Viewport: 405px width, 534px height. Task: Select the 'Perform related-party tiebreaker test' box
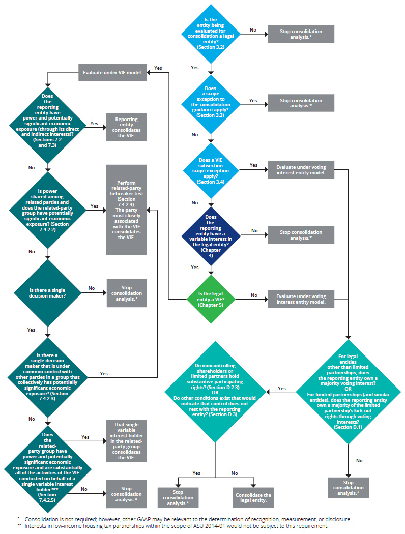click(x=126, y=210)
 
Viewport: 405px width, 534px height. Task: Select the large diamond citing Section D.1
click(x=349, y=392)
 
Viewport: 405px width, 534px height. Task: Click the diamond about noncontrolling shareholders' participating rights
click(x=216, y=392)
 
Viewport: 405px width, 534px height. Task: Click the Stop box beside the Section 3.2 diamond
click(x=301, y=34)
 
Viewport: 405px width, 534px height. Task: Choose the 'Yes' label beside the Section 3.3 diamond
click(x=253, y=100)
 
